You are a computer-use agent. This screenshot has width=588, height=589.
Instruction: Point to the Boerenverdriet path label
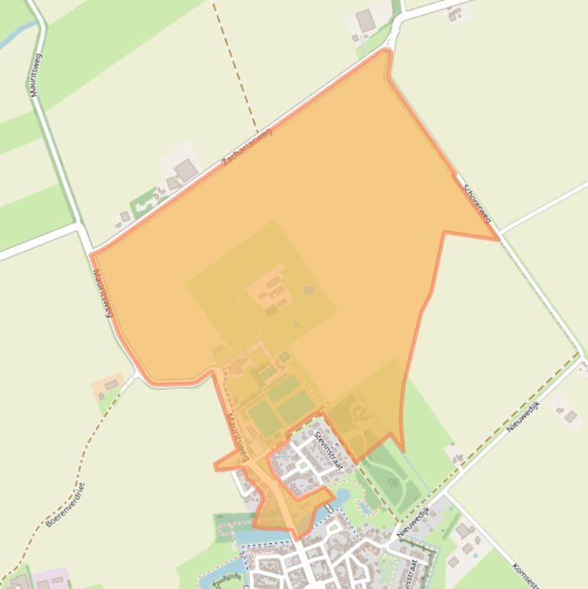click(65, 505)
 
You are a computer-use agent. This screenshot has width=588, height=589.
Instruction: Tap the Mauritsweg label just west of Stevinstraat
click(239, 437)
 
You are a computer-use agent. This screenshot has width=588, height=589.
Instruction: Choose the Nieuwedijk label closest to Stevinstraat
click(413, 520)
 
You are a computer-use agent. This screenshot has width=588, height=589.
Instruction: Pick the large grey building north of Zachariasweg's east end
click(366, 21)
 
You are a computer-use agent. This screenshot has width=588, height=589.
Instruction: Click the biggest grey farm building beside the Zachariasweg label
click(186, 170)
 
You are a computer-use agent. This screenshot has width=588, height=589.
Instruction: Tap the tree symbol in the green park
click(394, 483)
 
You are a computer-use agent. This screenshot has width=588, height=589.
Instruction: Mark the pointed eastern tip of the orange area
click(499, 239)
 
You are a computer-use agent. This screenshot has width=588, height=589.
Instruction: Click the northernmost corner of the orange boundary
click(388, 50)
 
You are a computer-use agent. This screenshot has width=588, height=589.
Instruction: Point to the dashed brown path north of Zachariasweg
click(236, 69)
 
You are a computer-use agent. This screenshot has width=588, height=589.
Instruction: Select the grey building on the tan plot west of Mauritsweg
click(112, 384)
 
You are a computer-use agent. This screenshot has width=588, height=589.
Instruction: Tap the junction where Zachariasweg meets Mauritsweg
click(90, 252)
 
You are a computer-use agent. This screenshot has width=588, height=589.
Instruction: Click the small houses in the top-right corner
click(456, 13)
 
